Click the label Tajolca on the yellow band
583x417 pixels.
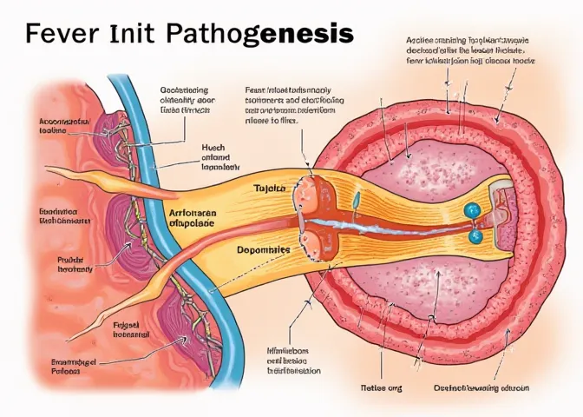point(271,188)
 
